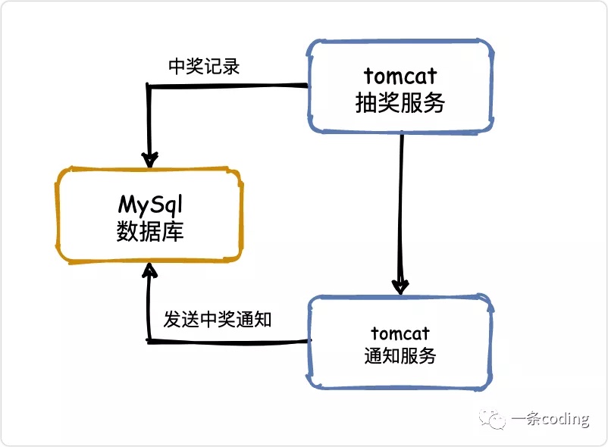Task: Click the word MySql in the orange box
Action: pyautogui.click(x=151, y=205)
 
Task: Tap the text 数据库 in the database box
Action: pyautogui.click(x=150, y=231)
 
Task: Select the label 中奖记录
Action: pyautogui.click(x=204, y=67)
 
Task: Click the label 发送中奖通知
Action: pyautogui.click(x=218, y=319)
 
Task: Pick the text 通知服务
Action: pyautogui.click(x=400, y=355)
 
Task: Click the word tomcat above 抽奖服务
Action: pyautogui.click(x=400, y=77)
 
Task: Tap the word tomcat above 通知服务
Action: pyautogui.click(x=400, y=333)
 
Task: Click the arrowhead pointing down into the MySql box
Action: pyautogui.click(x=150, y=158)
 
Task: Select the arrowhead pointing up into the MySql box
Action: pyautogui.click(x=150, y=271)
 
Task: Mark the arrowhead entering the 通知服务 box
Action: pyautogui.click(x=400, y=286)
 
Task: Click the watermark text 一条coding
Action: pyautogui.click(x=550, y=420)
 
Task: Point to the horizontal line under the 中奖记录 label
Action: pyautogui.click(x=227, y=86)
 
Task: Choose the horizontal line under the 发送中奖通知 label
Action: pyautogui.click(x=227, y=342)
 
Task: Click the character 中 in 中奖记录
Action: pyautogui.click(x=177, y=67)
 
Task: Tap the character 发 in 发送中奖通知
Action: pyautogui.click(x=172, y=319)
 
